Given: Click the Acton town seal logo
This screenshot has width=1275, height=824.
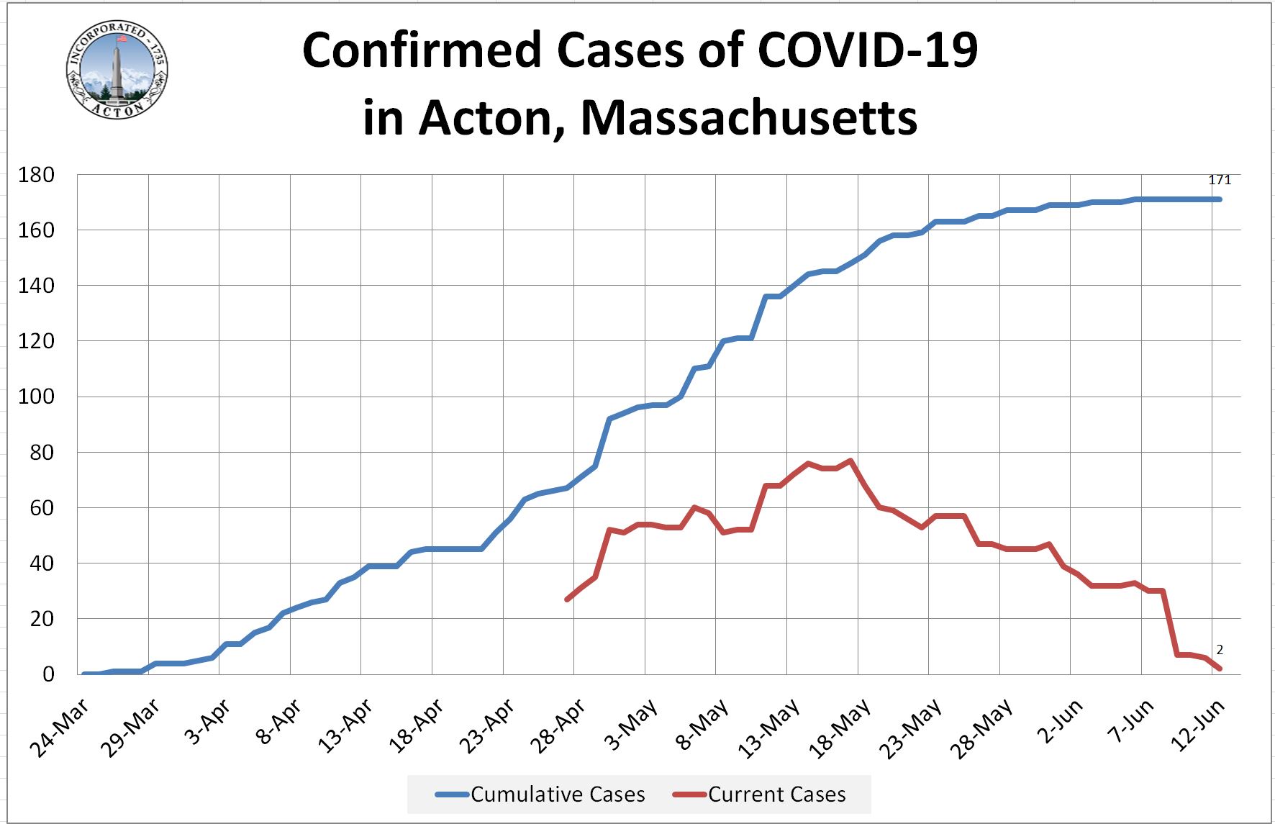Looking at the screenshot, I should (117, 71).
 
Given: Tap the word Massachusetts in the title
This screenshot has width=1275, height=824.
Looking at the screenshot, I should (748, 117).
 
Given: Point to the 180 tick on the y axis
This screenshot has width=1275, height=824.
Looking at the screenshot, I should (37, 175).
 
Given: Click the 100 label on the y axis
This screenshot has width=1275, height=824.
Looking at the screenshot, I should (37, 397).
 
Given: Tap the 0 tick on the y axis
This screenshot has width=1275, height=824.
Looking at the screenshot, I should (48, 674).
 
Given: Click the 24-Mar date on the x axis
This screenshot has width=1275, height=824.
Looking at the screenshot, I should (60, 728).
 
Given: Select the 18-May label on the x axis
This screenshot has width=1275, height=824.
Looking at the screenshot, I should (840, 728).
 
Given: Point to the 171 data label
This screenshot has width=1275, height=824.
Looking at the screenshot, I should (1220, 180).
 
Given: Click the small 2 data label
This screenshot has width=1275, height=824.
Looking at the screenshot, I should (1220, 650).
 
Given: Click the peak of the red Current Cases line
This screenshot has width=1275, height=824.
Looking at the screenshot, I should (851, 461).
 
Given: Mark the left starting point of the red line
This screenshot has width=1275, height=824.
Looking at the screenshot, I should (568, 599).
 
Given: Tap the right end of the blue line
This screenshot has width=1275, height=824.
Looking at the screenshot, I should (1220, 199).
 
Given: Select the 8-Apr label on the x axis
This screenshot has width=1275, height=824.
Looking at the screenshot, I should (278, 722).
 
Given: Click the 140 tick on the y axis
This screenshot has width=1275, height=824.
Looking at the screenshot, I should (37, 286).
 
